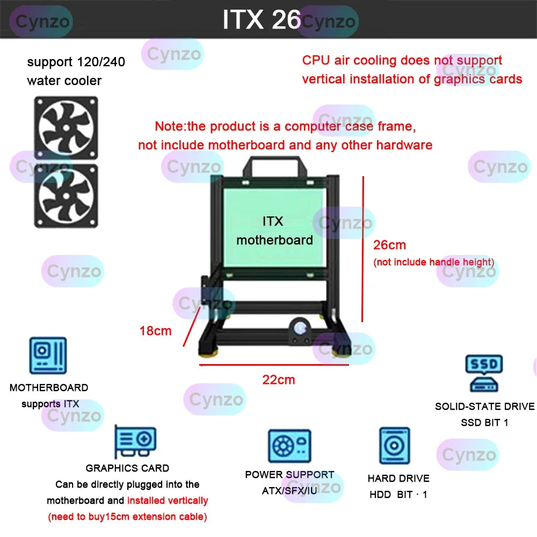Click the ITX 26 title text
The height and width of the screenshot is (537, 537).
[x=262, y=20]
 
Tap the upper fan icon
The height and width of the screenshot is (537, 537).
[x=66, y=128]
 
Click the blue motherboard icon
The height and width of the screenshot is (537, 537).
[x=48, y=355]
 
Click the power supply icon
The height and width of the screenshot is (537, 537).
[x=289, y=446]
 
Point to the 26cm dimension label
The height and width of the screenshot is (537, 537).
[x=390, y=245]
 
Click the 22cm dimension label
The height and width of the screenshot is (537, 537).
[x=279, y=380]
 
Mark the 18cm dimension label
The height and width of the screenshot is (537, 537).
[x=155, y=331]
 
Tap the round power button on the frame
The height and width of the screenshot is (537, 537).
[x=299, y=328]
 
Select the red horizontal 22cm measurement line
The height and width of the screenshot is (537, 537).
[x=274, y=365]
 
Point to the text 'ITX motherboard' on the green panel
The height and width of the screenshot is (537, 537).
[x=274, y=231]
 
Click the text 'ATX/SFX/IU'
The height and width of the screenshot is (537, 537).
[x=289, y=491]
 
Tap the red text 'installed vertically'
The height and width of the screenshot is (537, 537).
[x=168, y=500]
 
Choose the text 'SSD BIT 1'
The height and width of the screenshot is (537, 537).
[x=484, y=423]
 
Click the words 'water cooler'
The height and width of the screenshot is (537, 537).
[x=64, y=81]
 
